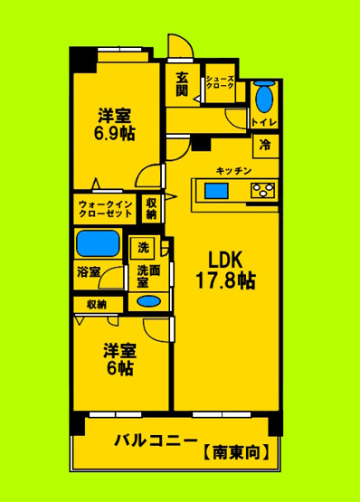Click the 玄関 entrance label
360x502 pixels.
(x=182, y=83)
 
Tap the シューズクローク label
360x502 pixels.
(x=221, y=83)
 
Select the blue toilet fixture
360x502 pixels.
(x=263, y=97)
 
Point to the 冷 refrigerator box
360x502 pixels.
(x=265, y=144)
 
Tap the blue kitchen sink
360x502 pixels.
(x=216, y=190)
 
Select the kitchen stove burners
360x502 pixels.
(x=263, y=190)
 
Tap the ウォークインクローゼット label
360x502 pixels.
(x=105, y=210)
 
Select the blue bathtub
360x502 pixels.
(x=99, y=243)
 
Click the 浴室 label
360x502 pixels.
(x=89, y=270)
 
